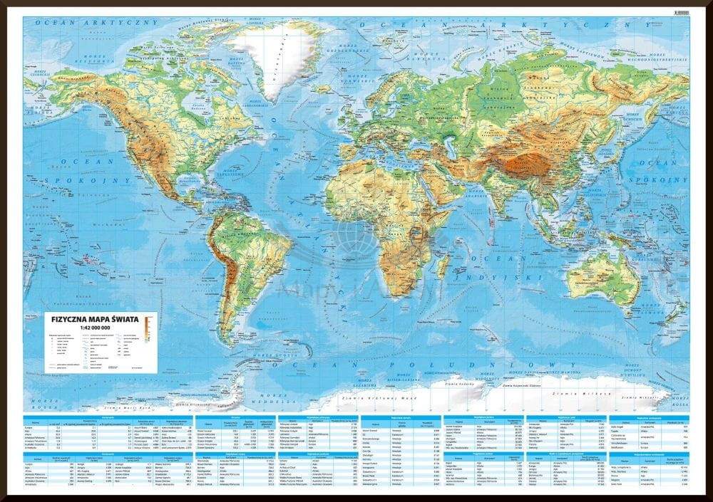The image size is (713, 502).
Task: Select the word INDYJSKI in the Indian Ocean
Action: tap(497, 271)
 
